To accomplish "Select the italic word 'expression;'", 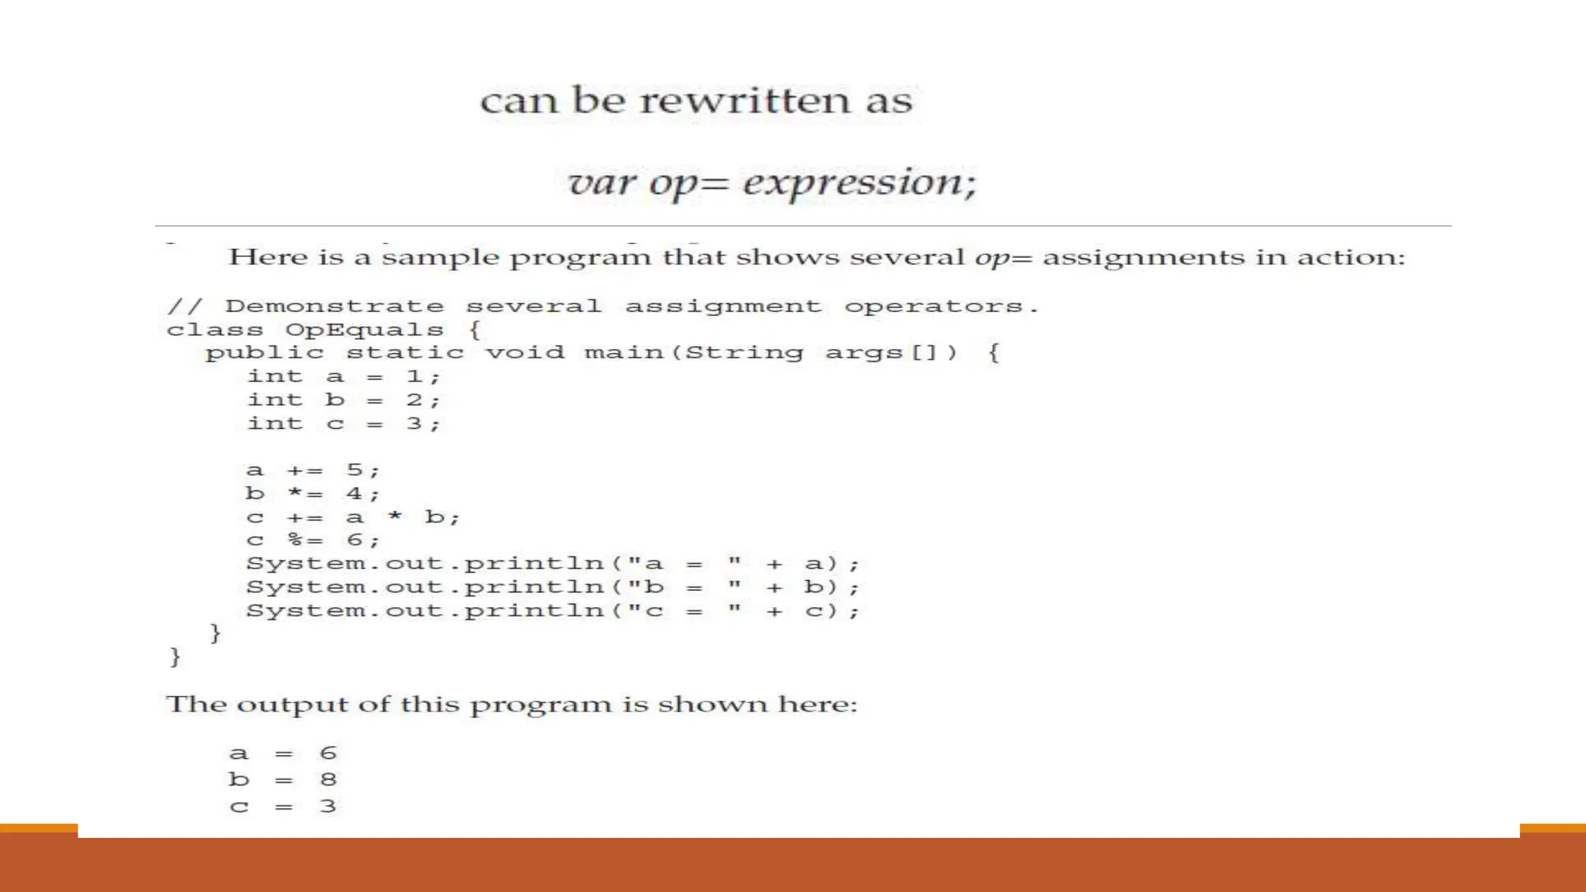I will point(860,183).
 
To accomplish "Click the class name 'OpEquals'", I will point(364,330).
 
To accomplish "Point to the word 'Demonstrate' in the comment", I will point(335,307).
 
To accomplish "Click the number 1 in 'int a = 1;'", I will point(414,377).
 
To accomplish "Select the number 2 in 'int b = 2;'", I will point(414,400).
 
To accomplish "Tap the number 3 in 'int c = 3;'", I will point(414,424).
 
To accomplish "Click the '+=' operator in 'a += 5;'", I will point(304,471).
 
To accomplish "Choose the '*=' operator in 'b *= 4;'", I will point(304,494).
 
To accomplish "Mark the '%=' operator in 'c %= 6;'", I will point(304,540).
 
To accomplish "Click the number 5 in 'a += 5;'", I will point(355,470).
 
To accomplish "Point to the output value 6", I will point(328,753).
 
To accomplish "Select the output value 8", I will point(328,780).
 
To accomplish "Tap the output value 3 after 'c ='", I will point(328,807).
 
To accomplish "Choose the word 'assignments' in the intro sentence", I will point(1144,258).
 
